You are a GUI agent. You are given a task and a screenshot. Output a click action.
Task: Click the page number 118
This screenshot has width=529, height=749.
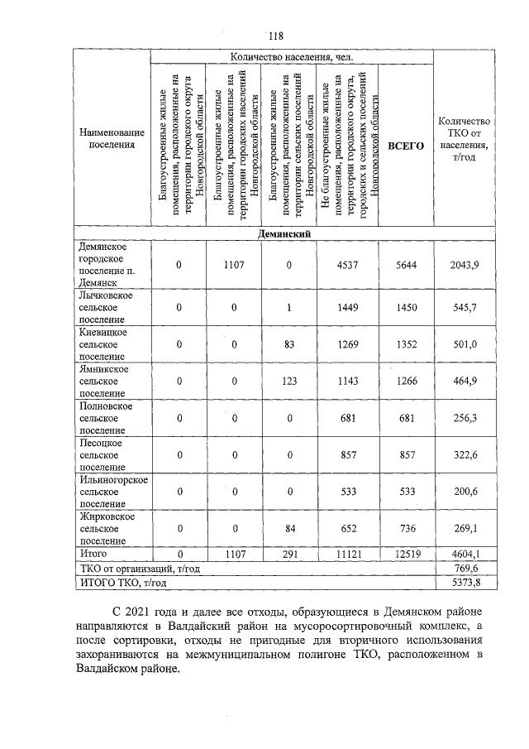pyautogui.click(x=275, y=36)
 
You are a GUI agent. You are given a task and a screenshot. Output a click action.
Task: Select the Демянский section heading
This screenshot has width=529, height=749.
pyautogui.click(x=284, y=234)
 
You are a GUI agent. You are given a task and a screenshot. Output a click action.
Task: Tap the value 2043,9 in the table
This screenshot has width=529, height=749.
pyautogui.click(x=464, y=264)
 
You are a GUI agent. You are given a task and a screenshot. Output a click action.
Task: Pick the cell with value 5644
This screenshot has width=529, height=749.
pyautogui.click(x=406, y=264)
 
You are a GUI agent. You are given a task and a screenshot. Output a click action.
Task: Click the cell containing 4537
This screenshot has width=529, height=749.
pyautogui.click(x=348, y=264)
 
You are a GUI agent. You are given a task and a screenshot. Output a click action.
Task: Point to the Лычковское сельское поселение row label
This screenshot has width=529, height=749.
pyautogui.click(x=105, y=308)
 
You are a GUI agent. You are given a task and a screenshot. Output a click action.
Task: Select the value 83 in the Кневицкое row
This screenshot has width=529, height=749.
pyautogui.click(x=289, y=345)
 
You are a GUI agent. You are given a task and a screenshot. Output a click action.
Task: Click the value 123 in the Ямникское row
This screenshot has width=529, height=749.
pyautogui.click(x=289, y=382)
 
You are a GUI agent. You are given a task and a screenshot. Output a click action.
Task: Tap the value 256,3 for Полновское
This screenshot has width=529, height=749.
pyautogui.click(x=464, y=418)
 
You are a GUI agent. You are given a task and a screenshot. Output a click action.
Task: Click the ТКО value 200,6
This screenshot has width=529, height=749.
pyautogui.click(x=464, y=492)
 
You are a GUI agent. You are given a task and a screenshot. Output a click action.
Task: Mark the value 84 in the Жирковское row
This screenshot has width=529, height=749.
pyautogui.click(x=289, y=528)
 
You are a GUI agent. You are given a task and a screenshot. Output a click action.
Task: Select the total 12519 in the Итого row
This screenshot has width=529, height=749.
pyautogui.click(x=406, y=553)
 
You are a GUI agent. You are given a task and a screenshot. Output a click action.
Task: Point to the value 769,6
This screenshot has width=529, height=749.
pyautogui.click(x=464, y=568)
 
